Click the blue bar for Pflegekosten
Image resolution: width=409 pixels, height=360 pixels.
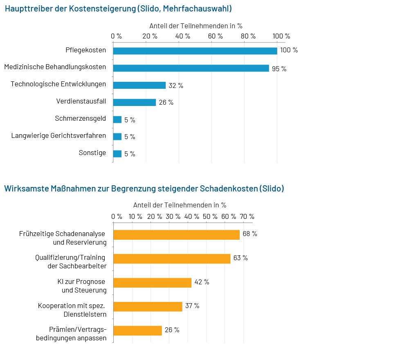coord(195,51)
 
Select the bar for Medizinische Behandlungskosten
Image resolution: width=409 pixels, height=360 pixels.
coord(191,68)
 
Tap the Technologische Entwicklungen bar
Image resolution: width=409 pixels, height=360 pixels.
coord(139,85)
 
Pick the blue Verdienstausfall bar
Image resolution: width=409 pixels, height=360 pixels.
coord(134,102)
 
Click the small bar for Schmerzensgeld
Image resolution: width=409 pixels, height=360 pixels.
coord(117,119)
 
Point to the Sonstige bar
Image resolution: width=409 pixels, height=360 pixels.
coord(117,154)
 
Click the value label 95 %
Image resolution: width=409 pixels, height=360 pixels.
coord(279,69)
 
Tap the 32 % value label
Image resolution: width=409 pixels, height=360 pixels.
coord(176,85)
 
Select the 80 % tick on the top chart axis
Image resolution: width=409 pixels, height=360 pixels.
coord(248,36)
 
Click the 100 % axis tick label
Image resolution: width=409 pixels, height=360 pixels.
coord(281,36)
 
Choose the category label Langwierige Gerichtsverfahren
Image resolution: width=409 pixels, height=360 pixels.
coord(58,136)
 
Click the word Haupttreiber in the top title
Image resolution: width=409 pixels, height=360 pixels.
coord(29,9)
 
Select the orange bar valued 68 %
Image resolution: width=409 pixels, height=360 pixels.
coord(176,235)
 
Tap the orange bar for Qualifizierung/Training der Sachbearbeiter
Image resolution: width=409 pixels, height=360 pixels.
coord(172,259)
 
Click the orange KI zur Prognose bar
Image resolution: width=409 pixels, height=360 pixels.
coord(152,283)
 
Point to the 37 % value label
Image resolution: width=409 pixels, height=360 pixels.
coord(192,306)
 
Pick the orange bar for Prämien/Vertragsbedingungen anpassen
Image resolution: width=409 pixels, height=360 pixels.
coord(137,331)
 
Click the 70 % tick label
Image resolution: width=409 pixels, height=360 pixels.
coord(247,216)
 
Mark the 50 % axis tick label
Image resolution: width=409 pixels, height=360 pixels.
coord(210,216)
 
